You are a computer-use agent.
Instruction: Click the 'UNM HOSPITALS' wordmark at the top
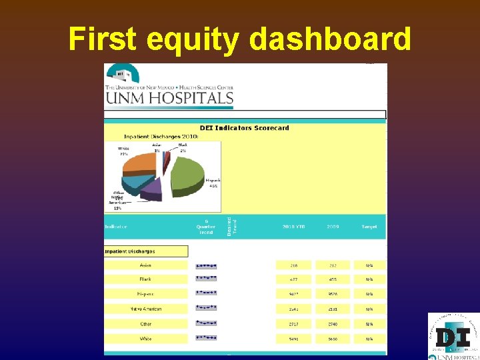point(169,99)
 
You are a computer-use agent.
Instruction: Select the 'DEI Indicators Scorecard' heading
point(245,127)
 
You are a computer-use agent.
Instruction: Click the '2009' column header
point(333,227)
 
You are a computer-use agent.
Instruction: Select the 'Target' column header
point(369,227)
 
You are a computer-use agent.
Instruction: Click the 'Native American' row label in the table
point(145,309)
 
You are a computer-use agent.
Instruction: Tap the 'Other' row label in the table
point(145,324)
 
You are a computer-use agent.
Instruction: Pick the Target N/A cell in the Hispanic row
point(369,294)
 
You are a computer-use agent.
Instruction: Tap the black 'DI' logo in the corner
point(453,337)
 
